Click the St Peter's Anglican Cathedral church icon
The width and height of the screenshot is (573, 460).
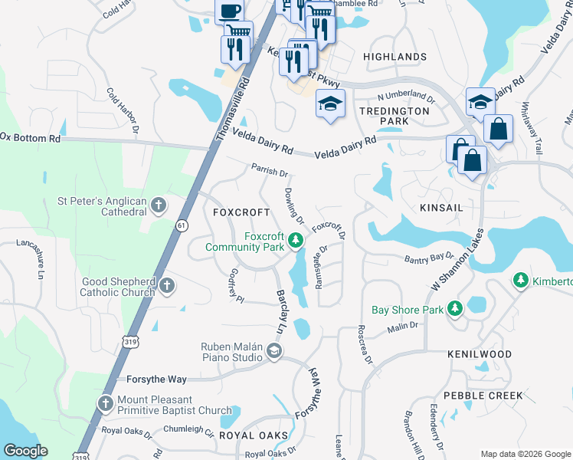[x=159, y=205]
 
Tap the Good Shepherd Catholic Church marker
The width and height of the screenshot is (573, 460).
[x=167, y=287]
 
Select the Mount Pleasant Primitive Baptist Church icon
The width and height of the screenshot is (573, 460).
[x=106, y=403]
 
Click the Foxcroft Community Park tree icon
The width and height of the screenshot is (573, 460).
[x=295, y=242]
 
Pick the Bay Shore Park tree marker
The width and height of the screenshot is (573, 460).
[x=455, y=309]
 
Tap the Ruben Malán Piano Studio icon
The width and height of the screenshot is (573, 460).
[x=273, y=351]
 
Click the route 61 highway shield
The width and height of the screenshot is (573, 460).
[x=182, y=225]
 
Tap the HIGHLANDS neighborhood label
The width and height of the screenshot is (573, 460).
[x=395, y=57]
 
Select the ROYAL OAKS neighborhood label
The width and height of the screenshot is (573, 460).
[x=254, y=435]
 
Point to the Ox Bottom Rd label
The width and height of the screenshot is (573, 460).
[x=31, y=137]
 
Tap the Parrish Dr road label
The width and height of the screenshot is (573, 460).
[x=269, y=170]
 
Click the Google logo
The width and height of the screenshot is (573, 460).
[x=25, y=451]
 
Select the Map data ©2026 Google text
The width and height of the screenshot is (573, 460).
[x=525, y=454]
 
